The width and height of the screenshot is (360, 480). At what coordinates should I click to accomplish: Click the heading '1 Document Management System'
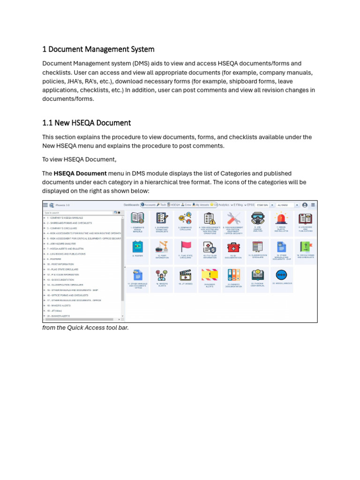(x=98, y=49)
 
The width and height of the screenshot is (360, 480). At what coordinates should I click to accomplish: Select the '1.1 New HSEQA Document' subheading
(x=86, y=123)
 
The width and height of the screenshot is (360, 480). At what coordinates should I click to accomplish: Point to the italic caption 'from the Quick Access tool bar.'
(x=85, y=328)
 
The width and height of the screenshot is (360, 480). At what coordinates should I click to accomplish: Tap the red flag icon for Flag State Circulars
(x=186, y=247)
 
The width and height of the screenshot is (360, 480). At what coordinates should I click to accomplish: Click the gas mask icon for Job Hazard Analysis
(x=257, y=218)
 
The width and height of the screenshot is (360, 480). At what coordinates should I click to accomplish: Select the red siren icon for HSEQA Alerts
(x=281, y=218)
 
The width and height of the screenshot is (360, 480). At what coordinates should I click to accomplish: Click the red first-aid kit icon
(x=233, y=247)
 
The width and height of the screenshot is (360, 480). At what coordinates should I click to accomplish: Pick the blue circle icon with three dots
(x=281, y=275)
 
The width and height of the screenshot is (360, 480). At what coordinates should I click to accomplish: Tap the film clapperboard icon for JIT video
(x=186, y=275)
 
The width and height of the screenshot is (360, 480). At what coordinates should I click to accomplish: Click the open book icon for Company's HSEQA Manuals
(x=137, y=218)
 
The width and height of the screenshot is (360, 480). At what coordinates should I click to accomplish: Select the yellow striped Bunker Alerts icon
(x=210, y=275)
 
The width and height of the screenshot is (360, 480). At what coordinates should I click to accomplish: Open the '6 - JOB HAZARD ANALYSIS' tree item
(x=61, y=244)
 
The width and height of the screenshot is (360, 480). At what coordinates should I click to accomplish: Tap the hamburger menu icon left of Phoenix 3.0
(x=45, y=205)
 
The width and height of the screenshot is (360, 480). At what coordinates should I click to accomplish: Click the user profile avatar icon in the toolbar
(x=305, y=205)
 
